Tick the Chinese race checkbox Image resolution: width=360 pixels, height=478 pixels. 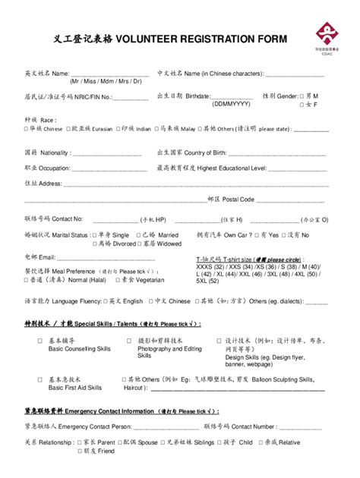[27, 130]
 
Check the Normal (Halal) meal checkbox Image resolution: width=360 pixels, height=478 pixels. [27, 280]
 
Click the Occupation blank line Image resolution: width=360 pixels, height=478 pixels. [106, 168]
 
